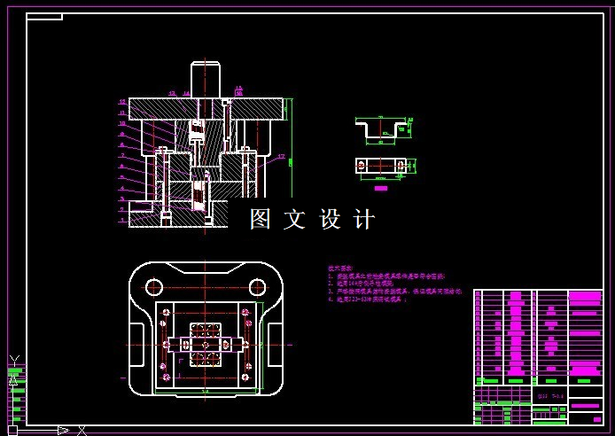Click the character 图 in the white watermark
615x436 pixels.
261,219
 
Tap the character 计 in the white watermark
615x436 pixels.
364,219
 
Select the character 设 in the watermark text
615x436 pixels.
330,219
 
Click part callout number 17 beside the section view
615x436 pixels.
281,158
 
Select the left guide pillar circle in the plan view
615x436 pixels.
154,286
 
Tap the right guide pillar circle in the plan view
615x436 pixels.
257,286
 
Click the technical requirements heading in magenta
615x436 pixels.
340,267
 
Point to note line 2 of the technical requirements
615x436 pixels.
362,284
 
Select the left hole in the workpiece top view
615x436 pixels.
362,165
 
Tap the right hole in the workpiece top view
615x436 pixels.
401,165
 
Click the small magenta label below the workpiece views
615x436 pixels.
381,188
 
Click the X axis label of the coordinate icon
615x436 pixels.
82,430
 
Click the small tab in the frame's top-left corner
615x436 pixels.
44,17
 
